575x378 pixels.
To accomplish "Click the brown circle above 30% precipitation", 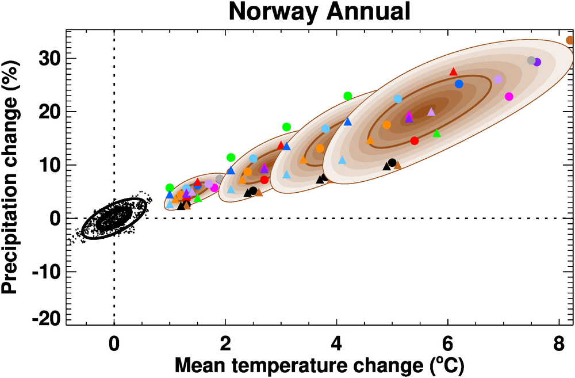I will (x=570, y=40).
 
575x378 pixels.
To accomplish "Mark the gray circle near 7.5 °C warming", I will (x=531, y=60).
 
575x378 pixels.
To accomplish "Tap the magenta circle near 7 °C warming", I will (x=509, y=97).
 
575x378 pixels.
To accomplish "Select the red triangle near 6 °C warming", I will (x=453, y=71).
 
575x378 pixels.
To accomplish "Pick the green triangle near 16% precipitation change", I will (x=436, y=133).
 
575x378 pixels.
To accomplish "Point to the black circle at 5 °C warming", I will (x=392, y=163).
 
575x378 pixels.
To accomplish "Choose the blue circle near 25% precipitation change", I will (x=459, y=84).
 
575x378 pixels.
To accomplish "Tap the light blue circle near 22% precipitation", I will (x=398, y=99).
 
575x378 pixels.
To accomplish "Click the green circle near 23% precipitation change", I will (x=347, y=96).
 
